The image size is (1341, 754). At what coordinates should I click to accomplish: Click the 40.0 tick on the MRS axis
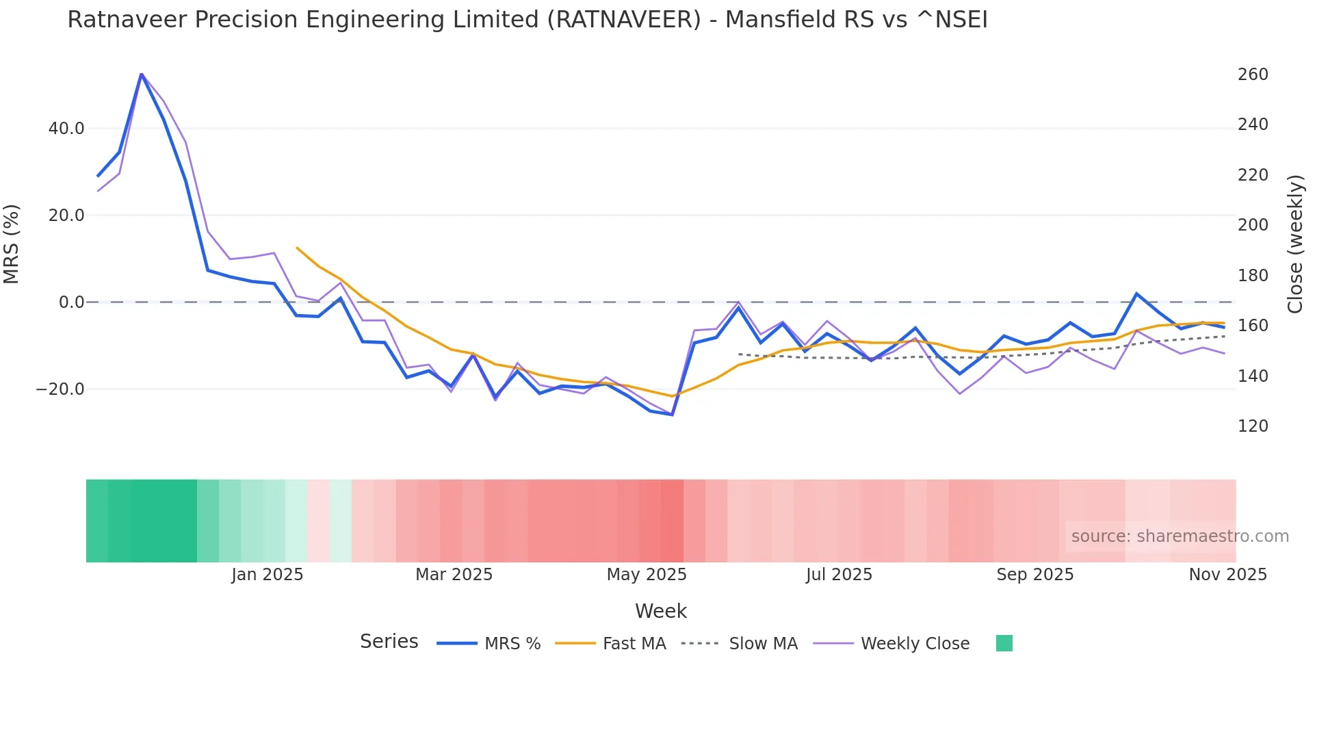[x=66, y=129]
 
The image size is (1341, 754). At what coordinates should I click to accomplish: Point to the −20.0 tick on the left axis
[x=60, y=389]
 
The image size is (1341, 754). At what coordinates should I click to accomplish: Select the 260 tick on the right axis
[x=1253, y=75]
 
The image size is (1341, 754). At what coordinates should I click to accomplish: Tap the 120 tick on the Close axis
[x=1253, y=426]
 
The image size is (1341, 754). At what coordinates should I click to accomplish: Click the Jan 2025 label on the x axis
[x=268, y=575]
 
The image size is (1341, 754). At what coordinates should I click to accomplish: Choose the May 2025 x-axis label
[x=647, y=575]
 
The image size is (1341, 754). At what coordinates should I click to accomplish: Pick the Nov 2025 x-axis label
[x=1227, y=575]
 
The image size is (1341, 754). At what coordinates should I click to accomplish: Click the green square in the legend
[x=1004, y=643]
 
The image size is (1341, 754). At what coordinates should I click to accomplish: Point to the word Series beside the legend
[x=389, y=642]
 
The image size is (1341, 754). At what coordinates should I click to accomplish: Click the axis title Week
[x=660, y=611]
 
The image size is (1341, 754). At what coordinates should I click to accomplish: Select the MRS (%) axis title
[x=12, y=244]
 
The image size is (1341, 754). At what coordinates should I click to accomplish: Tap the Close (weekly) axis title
[x=1295, y=244]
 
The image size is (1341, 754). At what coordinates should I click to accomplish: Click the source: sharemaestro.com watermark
[x=1180, y=536]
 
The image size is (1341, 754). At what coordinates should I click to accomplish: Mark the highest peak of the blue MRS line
[x=142, y=74]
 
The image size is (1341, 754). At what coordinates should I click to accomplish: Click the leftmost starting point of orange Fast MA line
[x=297, y=248]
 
